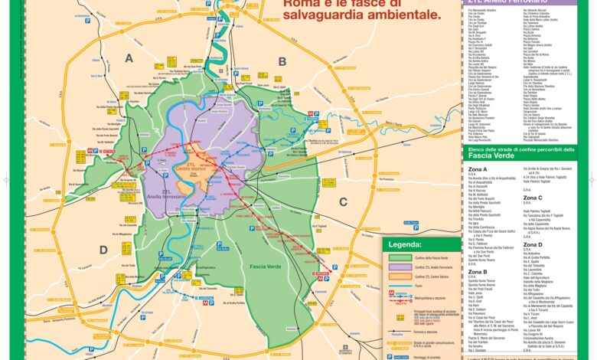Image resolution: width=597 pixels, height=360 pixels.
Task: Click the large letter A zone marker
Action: [x=129, y=58]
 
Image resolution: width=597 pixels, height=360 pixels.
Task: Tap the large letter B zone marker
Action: [x=282, y=62]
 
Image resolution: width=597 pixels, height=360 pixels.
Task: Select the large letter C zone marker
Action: [x=343, y=201]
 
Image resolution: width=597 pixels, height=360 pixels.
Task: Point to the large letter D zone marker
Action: [x=103, y=250]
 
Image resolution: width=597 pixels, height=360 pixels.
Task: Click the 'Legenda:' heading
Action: [x=405, y=244]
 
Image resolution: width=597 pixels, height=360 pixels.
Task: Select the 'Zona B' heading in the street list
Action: [x=478, y=272]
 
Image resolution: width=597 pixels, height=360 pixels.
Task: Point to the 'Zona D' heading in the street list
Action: [x=533, y=244]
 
